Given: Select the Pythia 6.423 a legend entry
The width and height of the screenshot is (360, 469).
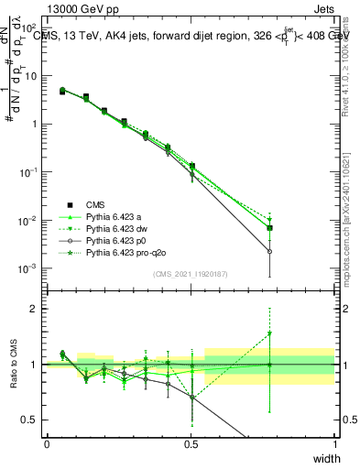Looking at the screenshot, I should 115,216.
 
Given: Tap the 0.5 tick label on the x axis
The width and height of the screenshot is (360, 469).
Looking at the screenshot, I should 191,444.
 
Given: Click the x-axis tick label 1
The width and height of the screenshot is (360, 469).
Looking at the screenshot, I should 335,444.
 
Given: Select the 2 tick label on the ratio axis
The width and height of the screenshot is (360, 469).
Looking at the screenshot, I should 35,309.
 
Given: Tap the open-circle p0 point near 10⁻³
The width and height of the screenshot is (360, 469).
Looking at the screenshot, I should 269,251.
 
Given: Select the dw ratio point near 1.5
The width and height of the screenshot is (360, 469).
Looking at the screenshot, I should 269,334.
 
